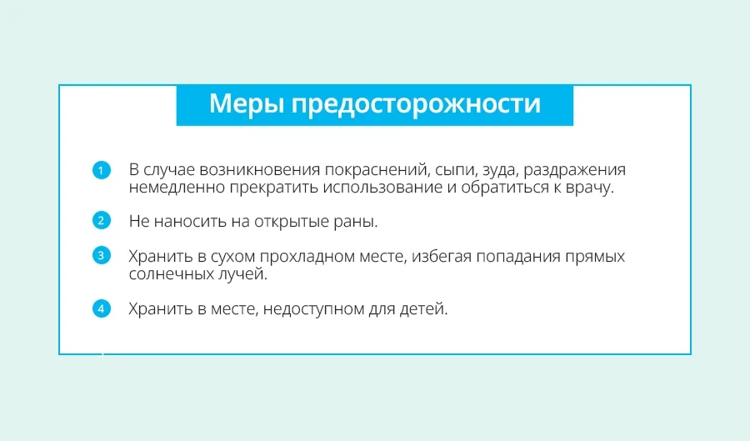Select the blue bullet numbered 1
click(x=102, y=170)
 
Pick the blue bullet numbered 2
click(x=102, y=220)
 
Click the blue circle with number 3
click(x=102, y=255)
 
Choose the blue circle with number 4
click(x=102, y=308)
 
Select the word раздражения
click(x=575, y=171)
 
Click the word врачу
click(x=589, y=188)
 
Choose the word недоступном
click(x=313, y=309)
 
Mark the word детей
click(x=424, y=309)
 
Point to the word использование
click(x=382, y=188)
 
